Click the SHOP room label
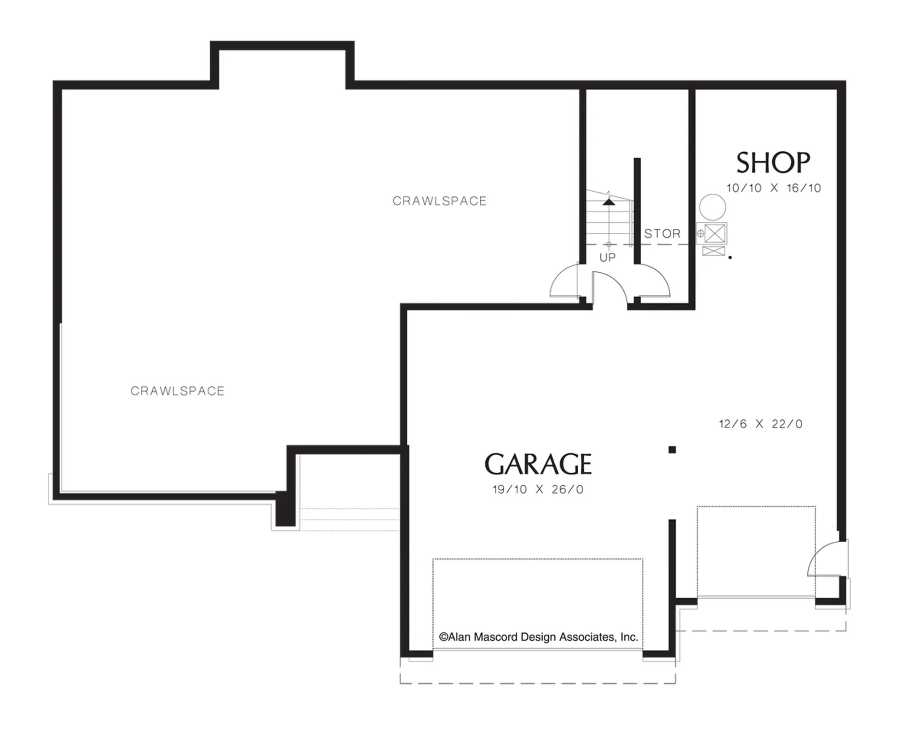773,163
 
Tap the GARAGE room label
538,464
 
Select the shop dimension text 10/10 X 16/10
774,188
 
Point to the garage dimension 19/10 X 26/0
538,490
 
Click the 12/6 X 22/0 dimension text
761,424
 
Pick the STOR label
662,234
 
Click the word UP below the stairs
608,258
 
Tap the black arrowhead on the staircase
609,201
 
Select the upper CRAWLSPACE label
440,201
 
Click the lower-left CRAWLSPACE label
178,391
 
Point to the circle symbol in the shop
713,207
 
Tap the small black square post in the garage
672,450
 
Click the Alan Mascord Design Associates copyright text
538,637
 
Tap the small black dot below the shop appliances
730,258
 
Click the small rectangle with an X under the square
714,251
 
